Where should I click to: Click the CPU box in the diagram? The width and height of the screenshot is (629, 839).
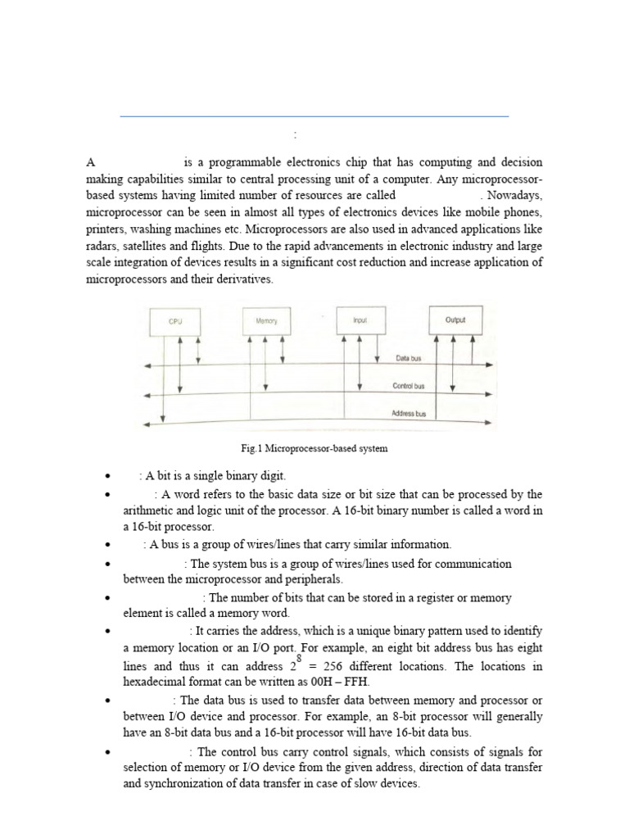pos(175,322)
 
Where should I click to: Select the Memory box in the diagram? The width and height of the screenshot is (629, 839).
pos(266,322)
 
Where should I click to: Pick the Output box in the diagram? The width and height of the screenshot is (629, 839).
pos(455,320)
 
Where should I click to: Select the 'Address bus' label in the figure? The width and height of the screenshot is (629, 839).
pos(410,414)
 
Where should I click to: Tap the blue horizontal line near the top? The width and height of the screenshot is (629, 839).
pos(314,116)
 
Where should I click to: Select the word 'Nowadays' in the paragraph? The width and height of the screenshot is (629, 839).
pos(516,196)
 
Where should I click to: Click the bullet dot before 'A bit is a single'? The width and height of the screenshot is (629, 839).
pos(107,476)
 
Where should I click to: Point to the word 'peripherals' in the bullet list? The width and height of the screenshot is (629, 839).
pos(310,578)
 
